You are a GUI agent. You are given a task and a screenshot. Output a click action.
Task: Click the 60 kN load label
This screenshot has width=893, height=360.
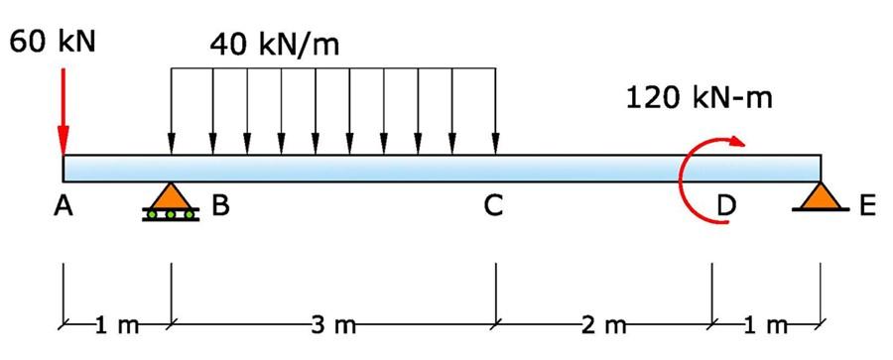(52, 43)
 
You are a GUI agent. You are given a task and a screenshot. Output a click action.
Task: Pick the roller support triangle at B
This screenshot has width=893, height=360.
(171, 196)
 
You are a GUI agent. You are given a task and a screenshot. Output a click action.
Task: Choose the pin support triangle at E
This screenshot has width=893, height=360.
(820, 196)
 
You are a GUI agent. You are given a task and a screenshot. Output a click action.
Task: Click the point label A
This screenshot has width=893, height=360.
(64, 207)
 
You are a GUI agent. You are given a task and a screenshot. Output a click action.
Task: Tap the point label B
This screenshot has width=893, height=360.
(220, 207)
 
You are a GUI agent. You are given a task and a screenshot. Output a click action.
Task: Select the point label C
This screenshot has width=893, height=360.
(493, 207)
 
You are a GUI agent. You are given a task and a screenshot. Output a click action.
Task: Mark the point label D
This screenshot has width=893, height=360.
(727, 207)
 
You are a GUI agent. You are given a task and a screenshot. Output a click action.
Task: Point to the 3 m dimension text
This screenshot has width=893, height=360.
(331, 324)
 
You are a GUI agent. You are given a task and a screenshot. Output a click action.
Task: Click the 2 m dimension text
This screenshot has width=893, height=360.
(604, 324)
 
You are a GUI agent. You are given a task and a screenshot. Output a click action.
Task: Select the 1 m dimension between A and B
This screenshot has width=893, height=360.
(117, 324)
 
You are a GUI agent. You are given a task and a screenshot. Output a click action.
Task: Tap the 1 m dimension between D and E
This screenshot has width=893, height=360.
(766, 324)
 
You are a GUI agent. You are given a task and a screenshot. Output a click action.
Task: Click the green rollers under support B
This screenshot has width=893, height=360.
(171, 213)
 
